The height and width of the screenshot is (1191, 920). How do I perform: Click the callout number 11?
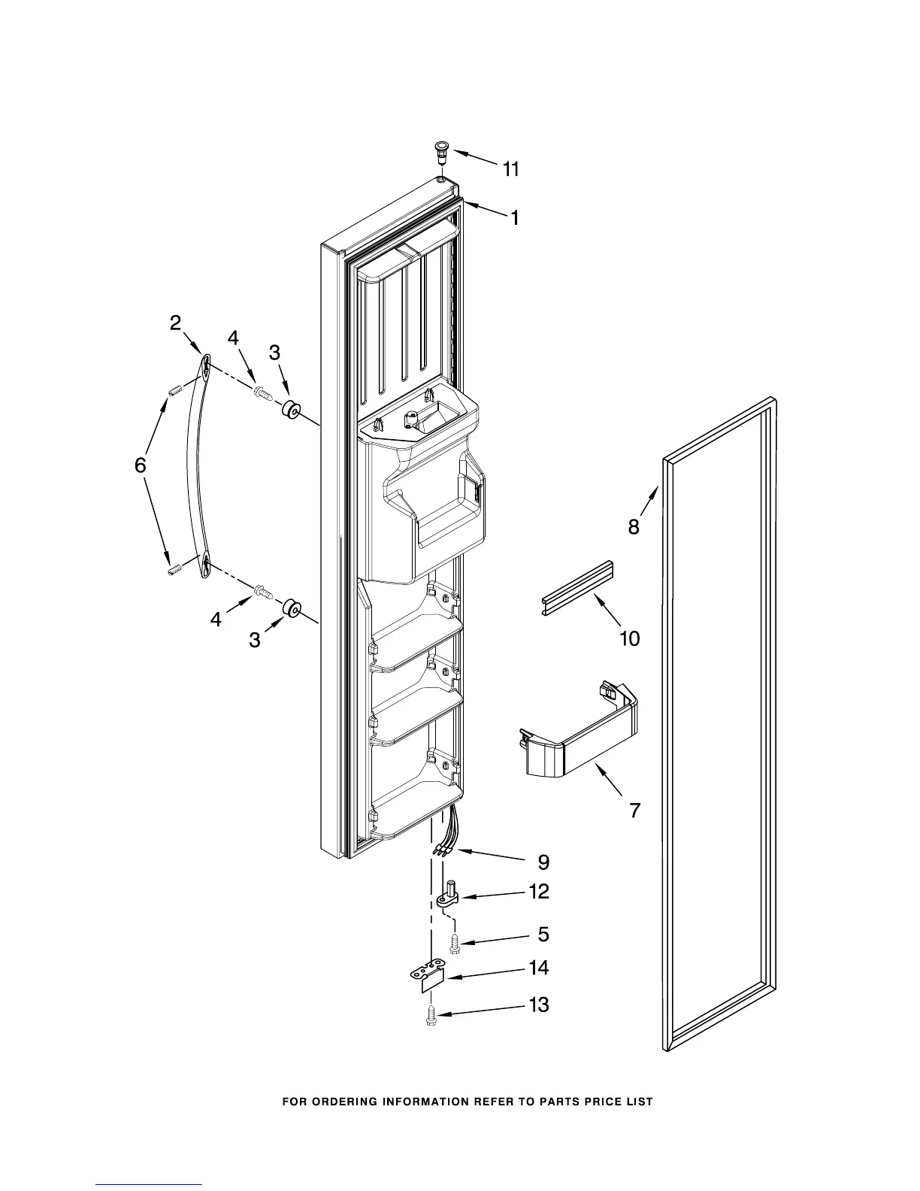[511, 170]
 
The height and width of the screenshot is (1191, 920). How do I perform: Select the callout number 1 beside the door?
[515, 218]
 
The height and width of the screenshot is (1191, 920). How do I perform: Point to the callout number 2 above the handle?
[175, 323]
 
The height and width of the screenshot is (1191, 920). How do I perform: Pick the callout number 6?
[141, 465]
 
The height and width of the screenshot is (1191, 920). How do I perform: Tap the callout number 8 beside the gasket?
[634, 527]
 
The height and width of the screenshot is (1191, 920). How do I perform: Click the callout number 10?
[629, 638]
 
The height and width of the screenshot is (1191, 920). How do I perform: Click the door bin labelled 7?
[579, 733]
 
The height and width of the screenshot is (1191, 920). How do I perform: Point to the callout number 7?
[634, 811]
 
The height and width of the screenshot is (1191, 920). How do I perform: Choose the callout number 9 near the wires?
[543, 862]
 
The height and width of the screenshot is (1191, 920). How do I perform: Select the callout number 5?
[543, 935]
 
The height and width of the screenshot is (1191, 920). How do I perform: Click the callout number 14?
[539, 968]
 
